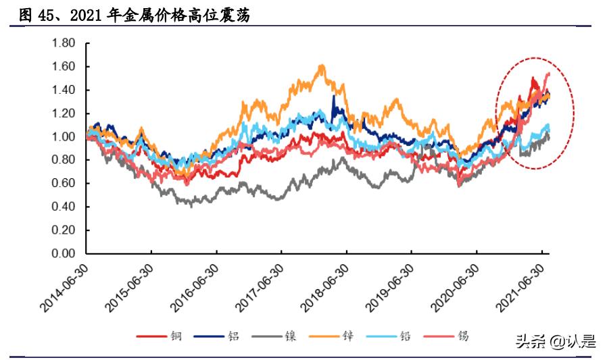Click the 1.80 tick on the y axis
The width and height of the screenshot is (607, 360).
63,43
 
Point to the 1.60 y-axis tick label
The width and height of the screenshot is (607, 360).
63,67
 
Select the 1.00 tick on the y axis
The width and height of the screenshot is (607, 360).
63,137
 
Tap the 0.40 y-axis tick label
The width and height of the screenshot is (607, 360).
63,207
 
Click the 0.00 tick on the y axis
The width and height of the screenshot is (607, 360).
63,254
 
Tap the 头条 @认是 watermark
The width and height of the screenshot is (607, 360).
556,342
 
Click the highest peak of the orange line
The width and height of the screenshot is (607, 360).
322,66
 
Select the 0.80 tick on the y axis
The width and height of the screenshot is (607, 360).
63,160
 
